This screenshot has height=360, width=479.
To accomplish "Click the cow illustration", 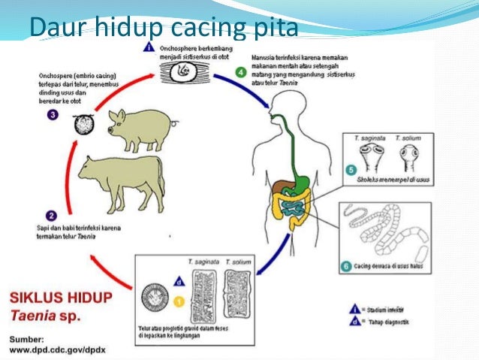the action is (121, 180).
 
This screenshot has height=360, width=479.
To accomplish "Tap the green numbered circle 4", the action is (240, 73).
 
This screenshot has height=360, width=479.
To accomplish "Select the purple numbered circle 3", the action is (53, 114).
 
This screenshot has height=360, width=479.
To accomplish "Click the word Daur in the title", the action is (55, 28).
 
